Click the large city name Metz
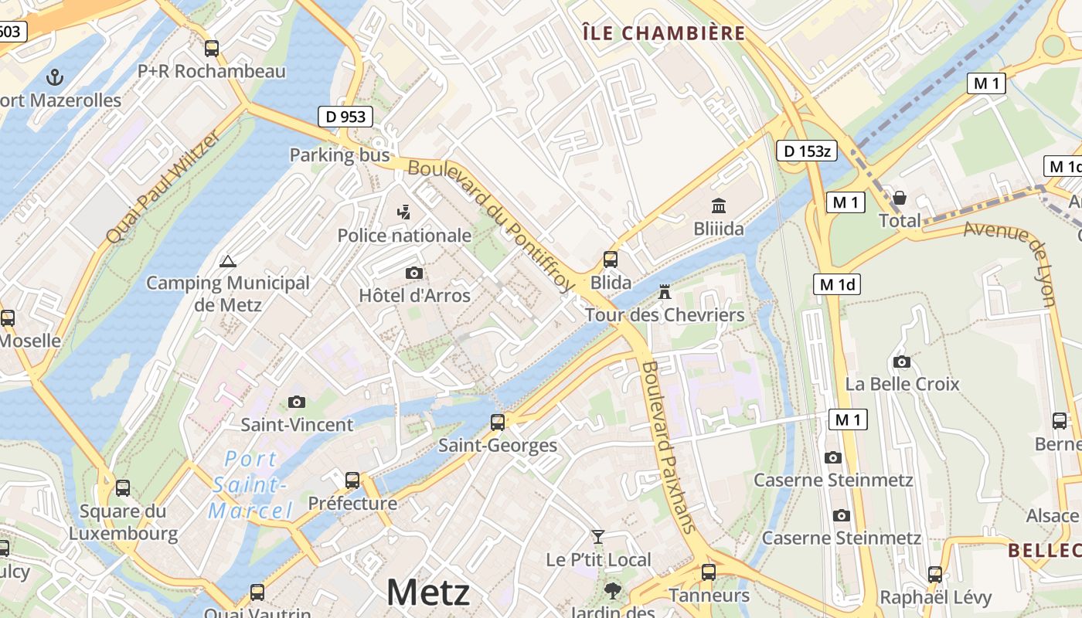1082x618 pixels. point(427,593)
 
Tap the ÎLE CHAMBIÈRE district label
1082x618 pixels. point(663,33)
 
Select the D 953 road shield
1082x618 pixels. point(345,117)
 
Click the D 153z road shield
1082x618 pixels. point(806,151)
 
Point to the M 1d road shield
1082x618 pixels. point(837,284)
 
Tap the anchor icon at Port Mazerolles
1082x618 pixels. point(54,76)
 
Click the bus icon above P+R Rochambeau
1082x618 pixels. point(212,49)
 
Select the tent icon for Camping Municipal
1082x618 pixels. point(227,262)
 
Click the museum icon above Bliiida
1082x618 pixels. point(719,206)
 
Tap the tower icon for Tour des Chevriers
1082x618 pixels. point(664,292)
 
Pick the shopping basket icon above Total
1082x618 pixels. point(900,199)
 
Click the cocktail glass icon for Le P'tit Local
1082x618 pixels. point(597,536)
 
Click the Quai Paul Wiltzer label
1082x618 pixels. point(163,186)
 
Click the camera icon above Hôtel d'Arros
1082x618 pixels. point(414,273)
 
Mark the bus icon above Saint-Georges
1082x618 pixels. point(498,423)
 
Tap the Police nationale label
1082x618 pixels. point(404,235)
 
